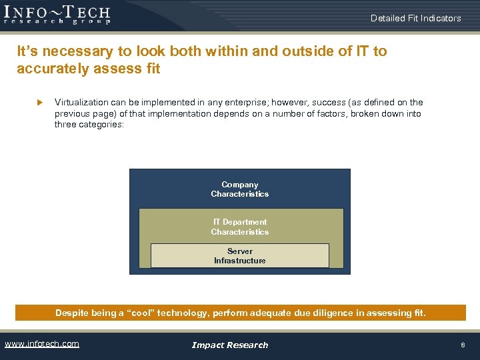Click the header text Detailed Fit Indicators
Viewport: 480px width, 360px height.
[415, 18]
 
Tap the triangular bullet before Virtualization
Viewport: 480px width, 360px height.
[39, 103]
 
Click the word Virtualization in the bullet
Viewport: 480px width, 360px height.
[79, 103]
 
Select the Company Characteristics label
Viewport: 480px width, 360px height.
[239, 189]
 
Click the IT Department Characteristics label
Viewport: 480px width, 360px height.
[239, 227]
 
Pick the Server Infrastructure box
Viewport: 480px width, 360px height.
[239, 256]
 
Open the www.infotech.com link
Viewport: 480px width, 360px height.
[42, 344]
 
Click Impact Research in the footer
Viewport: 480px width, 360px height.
[229, 345]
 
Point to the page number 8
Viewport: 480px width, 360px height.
[463, 345]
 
